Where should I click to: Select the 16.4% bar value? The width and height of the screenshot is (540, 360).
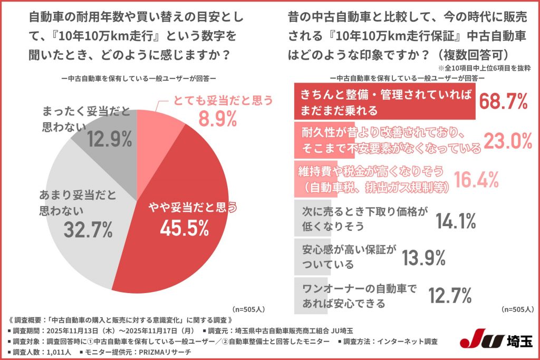pyautogui.click(x=476, y=180)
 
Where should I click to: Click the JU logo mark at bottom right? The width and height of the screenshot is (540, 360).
pyautogui.click(x=478, y=340)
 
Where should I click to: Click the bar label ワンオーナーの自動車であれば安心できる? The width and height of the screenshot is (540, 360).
pyautogui.click(x=360, y=296)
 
